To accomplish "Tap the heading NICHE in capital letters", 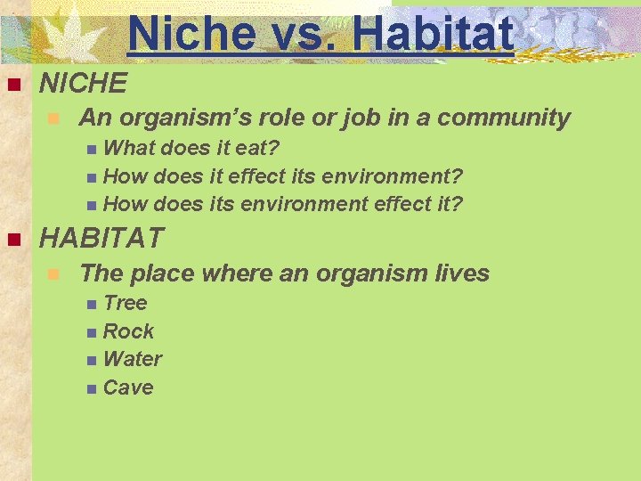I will tap(84, 85).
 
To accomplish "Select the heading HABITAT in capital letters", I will tap(102, 239).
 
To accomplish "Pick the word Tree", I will tap(125, 303).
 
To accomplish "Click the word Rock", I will tap(128, 331).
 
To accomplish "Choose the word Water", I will tap(133, 360).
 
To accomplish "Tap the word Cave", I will tap(128, 388).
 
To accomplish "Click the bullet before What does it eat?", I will tap(93, 149).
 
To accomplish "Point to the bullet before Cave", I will tap(93, 389).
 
